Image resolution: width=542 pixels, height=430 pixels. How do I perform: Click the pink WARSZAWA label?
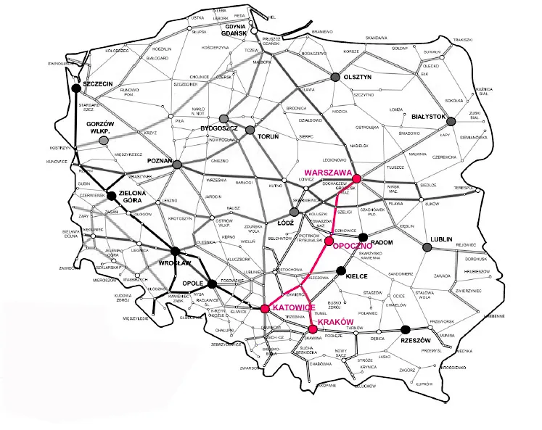click(x=324, y=173)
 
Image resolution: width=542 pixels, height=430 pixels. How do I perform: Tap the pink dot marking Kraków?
click(x=312, y=329)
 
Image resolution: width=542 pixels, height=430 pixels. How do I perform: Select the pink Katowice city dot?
click(x=265, y=308)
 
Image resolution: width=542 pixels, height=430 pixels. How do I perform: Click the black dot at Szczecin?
click(x=78, y=90)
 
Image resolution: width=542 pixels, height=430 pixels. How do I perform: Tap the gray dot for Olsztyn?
click(x=335, y=76)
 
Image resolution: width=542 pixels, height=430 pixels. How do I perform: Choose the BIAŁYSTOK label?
click(x=427, y=115)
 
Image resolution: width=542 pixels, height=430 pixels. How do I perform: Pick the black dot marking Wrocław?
click(x=174, y=253)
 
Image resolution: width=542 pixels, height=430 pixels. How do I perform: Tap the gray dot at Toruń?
click(x=250, y=130)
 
